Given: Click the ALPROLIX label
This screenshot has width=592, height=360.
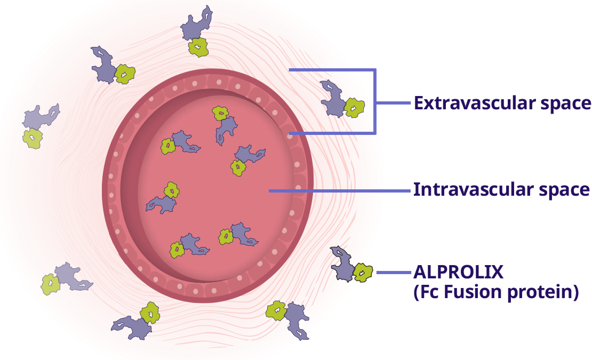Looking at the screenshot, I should point(458,272).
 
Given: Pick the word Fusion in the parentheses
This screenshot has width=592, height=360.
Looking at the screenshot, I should point(472,292).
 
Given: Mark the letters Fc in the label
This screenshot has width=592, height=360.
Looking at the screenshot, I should point(428,292).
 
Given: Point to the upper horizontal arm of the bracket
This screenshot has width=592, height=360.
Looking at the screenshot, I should point(331,69).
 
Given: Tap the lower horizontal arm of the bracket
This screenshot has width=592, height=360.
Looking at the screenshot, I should point(331,133).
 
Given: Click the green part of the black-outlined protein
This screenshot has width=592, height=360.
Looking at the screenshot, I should point(363,273).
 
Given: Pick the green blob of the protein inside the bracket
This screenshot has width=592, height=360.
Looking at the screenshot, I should point(354,108).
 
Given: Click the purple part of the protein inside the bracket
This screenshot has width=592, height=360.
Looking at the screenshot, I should point(334,99).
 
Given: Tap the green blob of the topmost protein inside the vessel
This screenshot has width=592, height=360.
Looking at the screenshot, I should point(220,113).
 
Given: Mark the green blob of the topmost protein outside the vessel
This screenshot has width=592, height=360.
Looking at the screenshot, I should point(198,47).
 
